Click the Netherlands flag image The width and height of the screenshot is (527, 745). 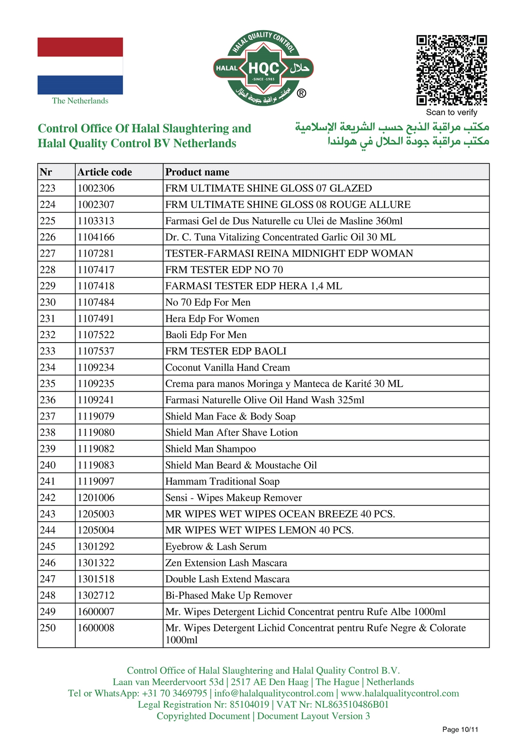80,66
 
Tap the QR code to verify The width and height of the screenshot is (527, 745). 451,70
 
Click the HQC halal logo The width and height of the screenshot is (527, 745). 263,68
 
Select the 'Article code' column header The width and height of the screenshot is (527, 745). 104,172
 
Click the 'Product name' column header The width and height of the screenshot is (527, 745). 197,172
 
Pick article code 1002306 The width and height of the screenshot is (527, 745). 96,188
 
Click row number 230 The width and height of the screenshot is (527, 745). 48,302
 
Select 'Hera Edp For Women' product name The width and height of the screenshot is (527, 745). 212,319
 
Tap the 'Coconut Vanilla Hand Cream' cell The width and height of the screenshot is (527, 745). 227,367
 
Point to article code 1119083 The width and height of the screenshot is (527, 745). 96,465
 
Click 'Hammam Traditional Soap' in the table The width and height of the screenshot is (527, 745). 223,481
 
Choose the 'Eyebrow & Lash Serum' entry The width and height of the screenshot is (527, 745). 216,546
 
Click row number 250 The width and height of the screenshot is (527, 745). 48,628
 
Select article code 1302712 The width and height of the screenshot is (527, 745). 96,595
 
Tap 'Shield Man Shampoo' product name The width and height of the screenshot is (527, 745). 210,449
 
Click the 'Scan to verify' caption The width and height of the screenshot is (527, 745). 451,113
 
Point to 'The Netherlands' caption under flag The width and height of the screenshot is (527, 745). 80,101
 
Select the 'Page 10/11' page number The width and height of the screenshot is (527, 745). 460,730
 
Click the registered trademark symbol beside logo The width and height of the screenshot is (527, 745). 301,93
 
